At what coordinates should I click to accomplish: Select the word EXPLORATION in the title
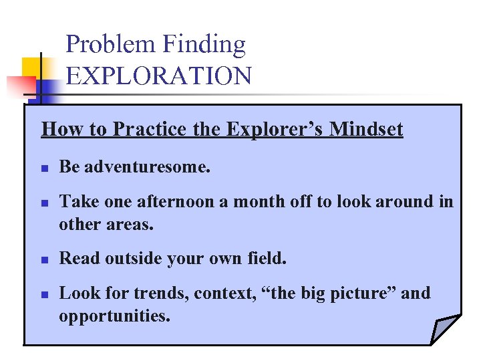pos(159,76)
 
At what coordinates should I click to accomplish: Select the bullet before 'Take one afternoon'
pos(45,203)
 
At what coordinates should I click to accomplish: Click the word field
pos(266,258)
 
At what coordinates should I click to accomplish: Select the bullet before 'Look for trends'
pos(45,295)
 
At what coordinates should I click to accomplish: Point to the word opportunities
pos(114,316)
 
